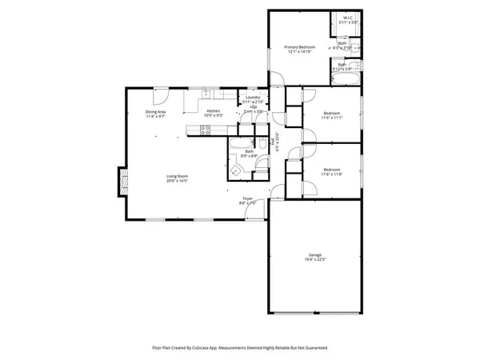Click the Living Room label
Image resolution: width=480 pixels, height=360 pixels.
[x=177, y=176]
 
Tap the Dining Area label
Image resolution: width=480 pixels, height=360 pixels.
[x=155, y=111]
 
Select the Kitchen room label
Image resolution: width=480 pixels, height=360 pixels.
[x=213, y=111]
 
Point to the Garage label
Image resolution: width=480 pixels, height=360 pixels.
[x=315, y=254]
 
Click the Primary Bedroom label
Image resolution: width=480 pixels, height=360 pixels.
[x=300, y=47]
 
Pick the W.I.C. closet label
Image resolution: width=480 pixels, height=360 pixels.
[x=348, y=18]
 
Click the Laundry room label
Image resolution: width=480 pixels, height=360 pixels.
[x=253, y=98]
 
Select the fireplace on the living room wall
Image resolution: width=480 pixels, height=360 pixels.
[x=122, y=181]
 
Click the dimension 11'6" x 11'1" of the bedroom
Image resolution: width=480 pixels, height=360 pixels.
[x=332, y=118]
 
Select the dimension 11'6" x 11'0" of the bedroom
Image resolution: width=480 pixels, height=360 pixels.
[x=332, y=174]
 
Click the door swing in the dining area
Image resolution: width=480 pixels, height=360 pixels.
[x=160, y=94]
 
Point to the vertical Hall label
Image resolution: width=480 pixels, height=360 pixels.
[x=278, y=141]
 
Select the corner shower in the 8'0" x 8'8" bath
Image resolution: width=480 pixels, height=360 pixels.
[x=238, y=169]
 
